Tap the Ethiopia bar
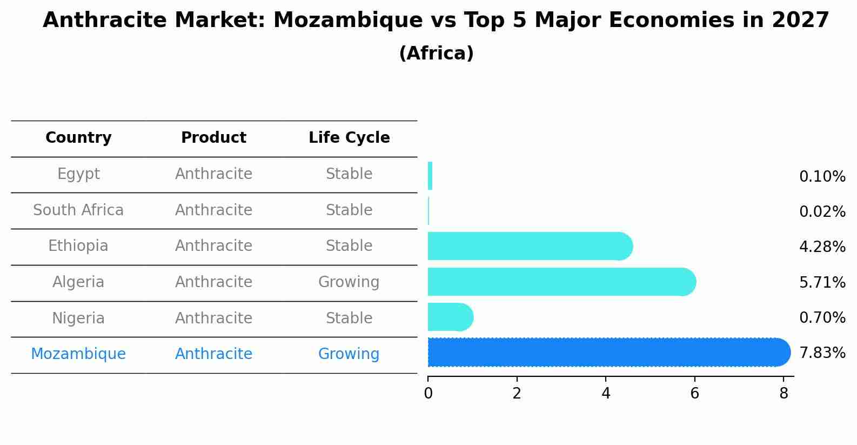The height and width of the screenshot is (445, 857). (530, 246)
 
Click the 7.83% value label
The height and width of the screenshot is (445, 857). (822, 353)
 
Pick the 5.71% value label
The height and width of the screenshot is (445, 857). (822, 282)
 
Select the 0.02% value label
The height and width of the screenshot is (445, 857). (822, 212)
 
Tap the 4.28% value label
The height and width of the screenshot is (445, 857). (822, 247)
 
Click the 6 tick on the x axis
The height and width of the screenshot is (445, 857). (694, 394)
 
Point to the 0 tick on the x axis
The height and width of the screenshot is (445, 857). (428, 394)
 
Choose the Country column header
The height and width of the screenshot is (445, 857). (78, 138)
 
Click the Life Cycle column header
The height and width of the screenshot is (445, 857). (349, 138)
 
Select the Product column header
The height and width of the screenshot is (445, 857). (213, 138)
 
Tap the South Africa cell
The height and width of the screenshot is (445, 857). (78, 210)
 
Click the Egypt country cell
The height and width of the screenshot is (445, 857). (78, 174)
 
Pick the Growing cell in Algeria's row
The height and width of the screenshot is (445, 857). (349, 282)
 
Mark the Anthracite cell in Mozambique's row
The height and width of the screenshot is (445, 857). (213, 354)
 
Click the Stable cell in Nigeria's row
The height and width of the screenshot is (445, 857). (349, 318)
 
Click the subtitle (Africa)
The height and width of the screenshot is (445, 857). (436, 54)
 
